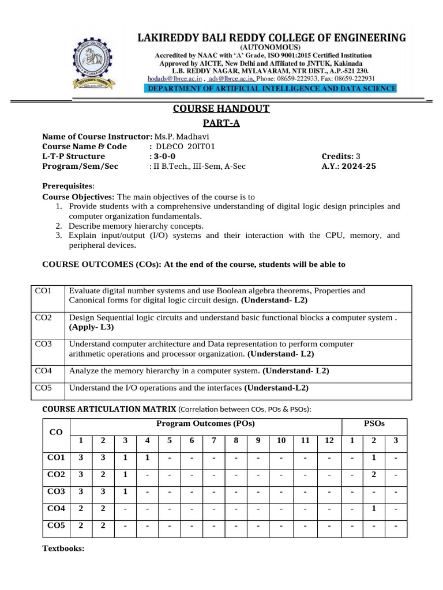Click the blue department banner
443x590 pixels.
pyautogui.click(x=271, y=89)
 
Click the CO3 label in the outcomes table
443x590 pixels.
pyautogui.click(x=43, y=344)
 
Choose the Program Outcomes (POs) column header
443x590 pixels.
pyautogui.click(x=206, y=423)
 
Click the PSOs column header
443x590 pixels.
pyautogui.click(x=374, y=423)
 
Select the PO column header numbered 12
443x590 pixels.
pyautogui.click(x=329, y=441)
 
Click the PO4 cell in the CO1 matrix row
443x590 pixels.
pyautogui.click(x=148, y=457)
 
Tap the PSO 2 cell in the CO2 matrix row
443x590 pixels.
pyautogui.click(x=374, y=474)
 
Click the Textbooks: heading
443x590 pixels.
pyautogui.click(x=63, y=549)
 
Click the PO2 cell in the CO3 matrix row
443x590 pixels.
pyautogui.click(x=103, y=491)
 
